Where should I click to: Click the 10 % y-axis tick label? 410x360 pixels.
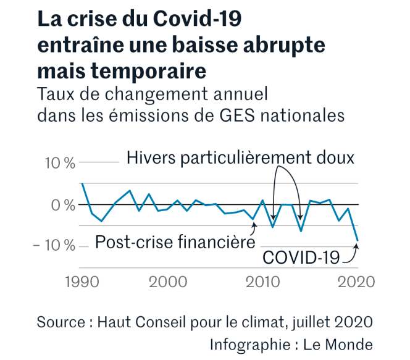(61, 163)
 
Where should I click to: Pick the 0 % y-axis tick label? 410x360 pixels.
(64, 204)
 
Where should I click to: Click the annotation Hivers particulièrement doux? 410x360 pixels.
(241, 158)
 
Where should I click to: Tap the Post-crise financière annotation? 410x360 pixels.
(175, 241)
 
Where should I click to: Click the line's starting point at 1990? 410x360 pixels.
(82, 184)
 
